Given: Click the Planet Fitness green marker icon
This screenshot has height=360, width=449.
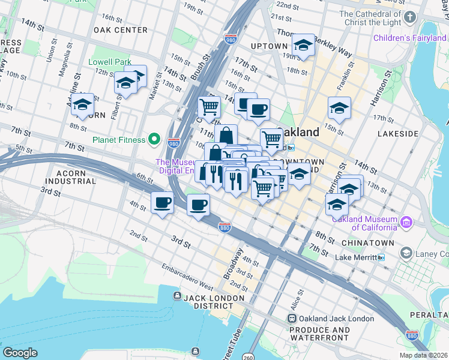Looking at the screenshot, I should tap(154, 140).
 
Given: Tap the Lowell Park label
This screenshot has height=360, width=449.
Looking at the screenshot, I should tap(109, 62).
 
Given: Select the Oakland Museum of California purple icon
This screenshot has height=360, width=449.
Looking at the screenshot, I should tap(407, 223).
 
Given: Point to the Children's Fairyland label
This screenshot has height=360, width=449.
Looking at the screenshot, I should tap(411, 38).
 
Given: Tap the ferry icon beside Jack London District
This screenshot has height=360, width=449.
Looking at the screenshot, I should tap(177, 296).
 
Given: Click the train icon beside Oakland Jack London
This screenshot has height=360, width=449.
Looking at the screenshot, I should tap(292, 318).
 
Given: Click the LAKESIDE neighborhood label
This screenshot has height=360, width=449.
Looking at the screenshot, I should tap(397, 134).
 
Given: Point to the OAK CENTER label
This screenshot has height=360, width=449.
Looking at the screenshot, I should tap(121, 30).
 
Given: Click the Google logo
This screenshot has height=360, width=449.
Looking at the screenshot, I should tap(20, 353).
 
